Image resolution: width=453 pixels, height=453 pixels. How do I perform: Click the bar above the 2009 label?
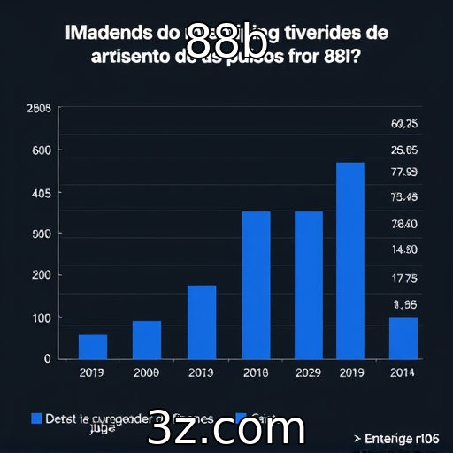point(147,340)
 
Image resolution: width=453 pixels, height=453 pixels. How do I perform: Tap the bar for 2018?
point(257,285)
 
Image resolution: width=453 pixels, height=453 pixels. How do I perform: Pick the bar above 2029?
point(309,285)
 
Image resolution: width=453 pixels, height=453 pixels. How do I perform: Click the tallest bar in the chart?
point(350,260)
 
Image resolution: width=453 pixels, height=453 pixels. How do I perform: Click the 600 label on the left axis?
point(42,150)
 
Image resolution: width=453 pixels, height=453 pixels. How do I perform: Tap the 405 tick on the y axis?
point(41,193)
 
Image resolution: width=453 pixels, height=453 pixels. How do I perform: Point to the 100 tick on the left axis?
point(42,318)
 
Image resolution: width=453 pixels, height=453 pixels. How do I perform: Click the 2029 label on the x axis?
point(309,373)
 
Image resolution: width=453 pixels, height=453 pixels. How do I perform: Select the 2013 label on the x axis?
point(202,373)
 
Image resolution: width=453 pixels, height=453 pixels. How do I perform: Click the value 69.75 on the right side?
point(403,124)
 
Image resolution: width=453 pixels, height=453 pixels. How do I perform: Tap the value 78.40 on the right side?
point(403,225)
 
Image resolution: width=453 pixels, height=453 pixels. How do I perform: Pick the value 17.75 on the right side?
point(403,279)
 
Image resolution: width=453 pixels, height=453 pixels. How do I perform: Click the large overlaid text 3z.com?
point(226,428)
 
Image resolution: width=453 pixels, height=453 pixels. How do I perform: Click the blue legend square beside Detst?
point(37,418)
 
